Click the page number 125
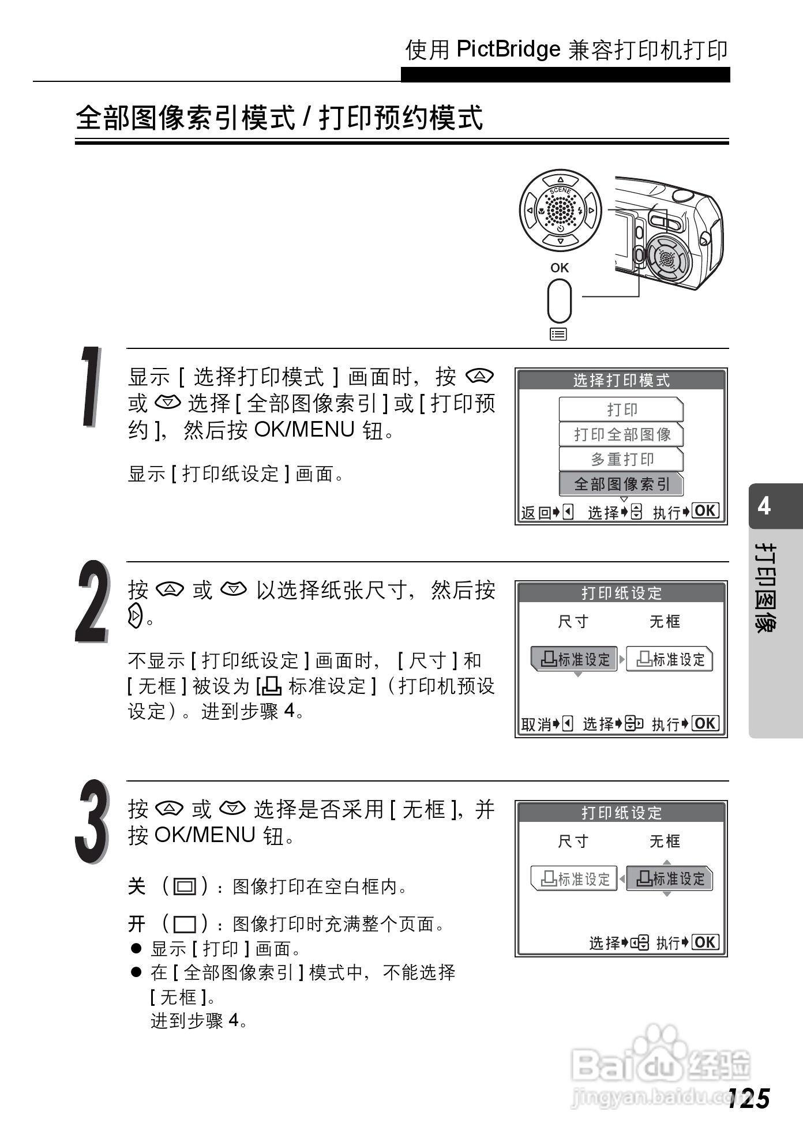(748, 1099)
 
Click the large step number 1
(91, 387)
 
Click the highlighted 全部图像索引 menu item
(621, 484)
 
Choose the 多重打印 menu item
(621, 459)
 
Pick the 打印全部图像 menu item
(621, 434)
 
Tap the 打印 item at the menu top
(621, 410)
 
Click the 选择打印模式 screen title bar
(621, 380)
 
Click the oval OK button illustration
(559, 300)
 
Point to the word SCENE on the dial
(560, 190)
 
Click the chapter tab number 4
(764, 506)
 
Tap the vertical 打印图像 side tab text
(766, 588)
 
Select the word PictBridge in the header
(508, 50)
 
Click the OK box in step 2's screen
(706, 723)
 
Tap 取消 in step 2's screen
(536, 724)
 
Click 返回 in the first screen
(536, 512)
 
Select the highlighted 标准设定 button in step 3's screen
(670, 878)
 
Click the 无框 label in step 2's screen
(665, 621)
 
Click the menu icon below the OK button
(558, 334)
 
